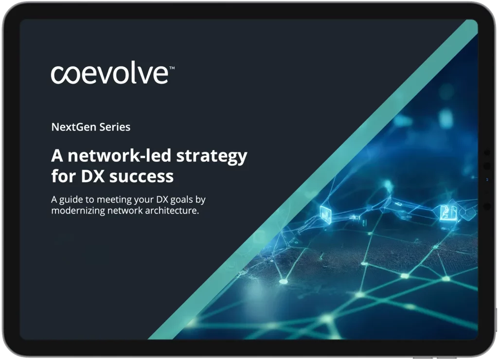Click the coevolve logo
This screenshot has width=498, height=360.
click(x=112, y=74)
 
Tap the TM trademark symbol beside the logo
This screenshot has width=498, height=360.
click(x=172, y=68)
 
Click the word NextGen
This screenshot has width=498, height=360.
click(x=74, y=127)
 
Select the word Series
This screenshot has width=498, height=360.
click(x=115, y=127)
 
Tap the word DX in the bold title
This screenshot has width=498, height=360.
click(x=93, y=176)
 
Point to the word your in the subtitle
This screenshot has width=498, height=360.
click(x=143, y=200)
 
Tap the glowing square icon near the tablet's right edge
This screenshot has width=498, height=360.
click(x=448, y=213)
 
